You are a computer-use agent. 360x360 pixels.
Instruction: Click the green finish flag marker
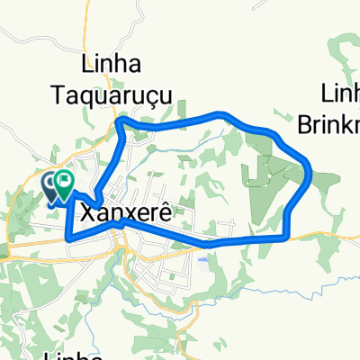point(65,184)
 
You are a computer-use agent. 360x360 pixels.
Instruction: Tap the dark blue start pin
point(51,185)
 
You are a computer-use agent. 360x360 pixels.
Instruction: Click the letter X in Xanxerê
point(87,211)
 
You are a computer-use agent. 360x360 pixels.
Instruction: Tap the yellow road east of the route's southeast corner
point(324,237)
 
